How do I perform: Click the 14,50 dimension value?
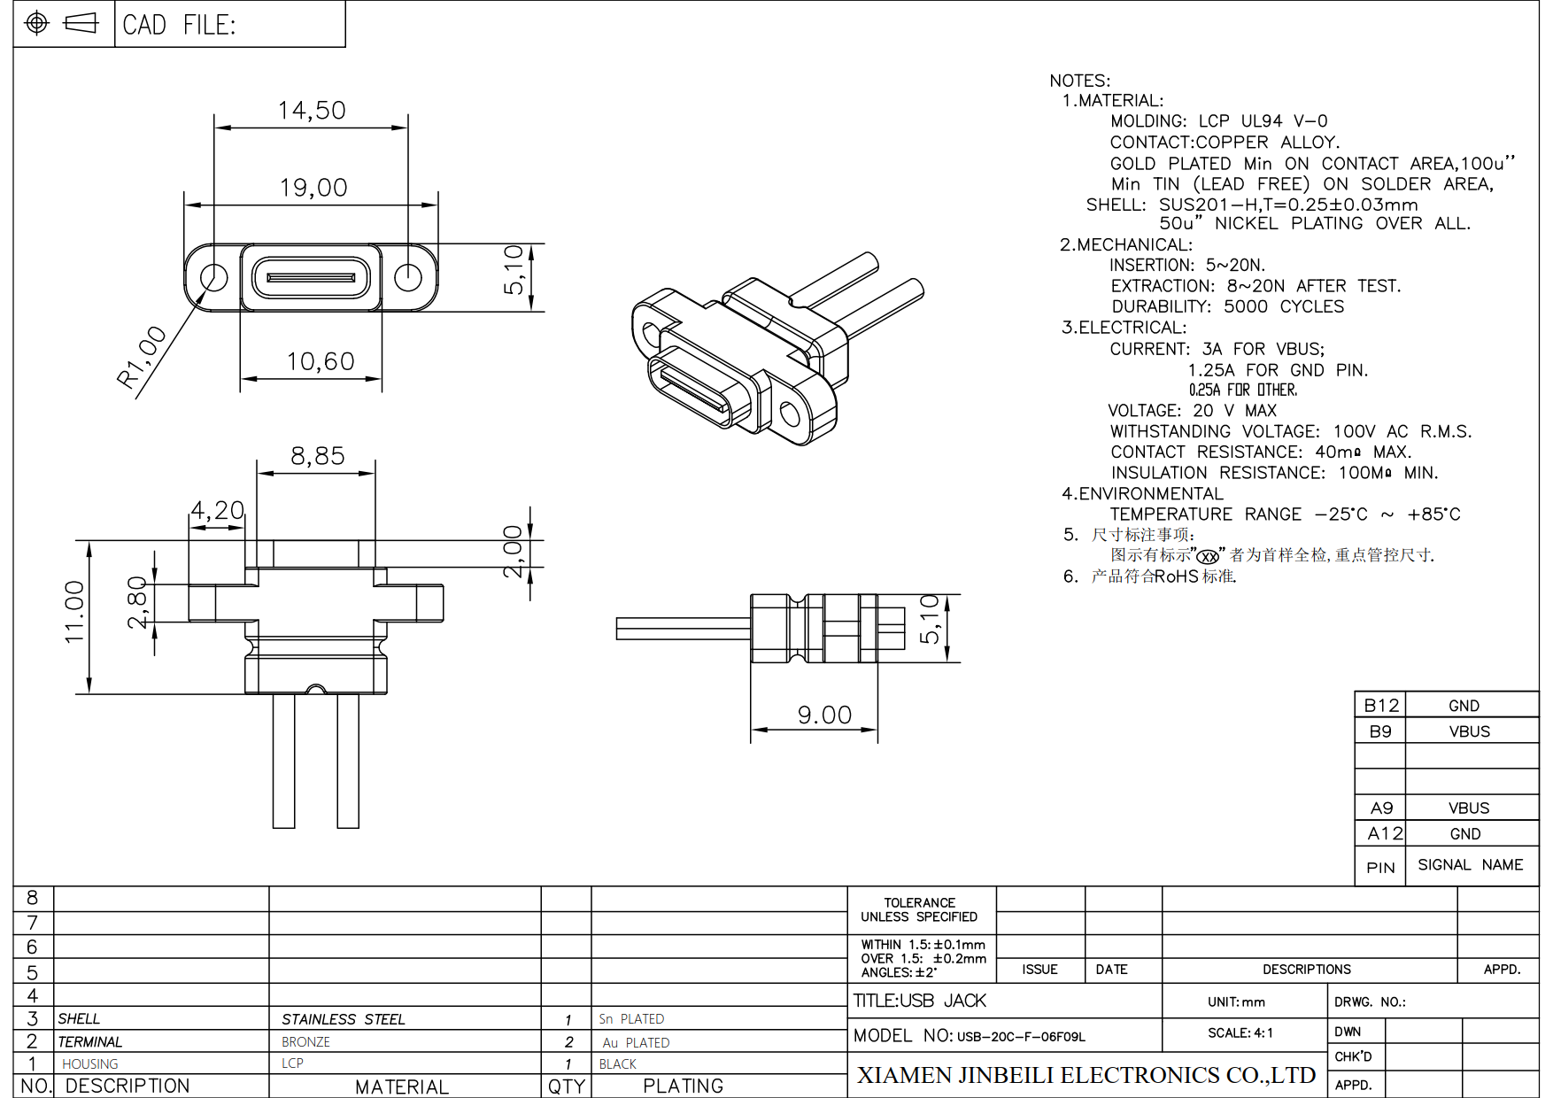coord(312,111)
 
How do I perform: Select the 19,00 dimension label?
coord(313,188)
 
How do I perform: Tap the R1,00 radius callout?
coord(142,357)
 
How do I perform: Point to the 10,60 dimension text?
coord(320,361)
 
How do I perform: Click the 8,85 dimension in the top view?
coord(317,456)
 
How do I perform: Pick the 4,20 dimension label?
coord(217,511)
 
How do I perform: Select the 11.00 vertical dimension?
coord(74,612)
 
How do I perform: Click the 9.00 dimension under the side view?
coord(824,715)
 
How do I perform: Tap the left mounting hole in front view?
coord(213,277)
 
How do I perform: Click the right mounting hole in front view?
coord(408,277)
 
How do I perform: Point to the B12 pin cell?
coord(1380,706)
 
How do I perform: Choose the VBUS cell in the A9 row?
coord(1469,808)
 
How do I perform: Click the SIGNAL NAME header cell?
coord(1470,865)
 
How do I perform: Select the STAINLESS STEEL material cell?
coord(344,1020)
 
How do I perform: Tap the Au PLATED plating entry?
coord(636,1043)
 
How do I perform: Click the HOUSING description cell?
coord(89,1064)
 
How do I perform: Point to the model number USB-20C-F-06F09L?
coord(1021,1037)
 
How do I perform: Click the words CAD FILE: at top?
coord(179,25)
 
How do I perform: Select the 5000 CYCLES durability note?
coord(1283,306)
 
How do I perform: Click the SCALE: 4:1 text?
coord(1240,1033)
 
